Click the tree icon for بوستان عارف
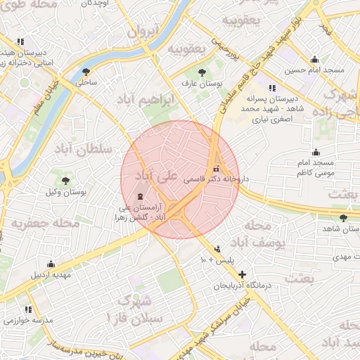coord(202,72)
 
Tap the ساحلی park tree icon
coord(86,72)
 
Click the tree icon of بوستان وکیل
coord(65,181)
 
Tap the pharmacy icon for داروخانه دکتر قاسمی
coord(216,169)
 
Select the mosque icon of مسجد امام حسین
coord(314,59)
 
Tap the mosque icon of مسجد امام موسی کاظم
coord(316,152)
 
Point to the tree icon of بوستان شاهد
coord(342,218)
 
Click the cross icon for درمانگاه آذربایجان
coord(243,274)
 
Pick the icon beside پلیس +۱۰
coord(217,249)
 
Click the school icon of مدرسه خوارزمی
coord(29,309)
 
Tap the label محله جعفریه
coord(46,224)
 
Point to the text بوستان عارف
coord(202,84)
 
